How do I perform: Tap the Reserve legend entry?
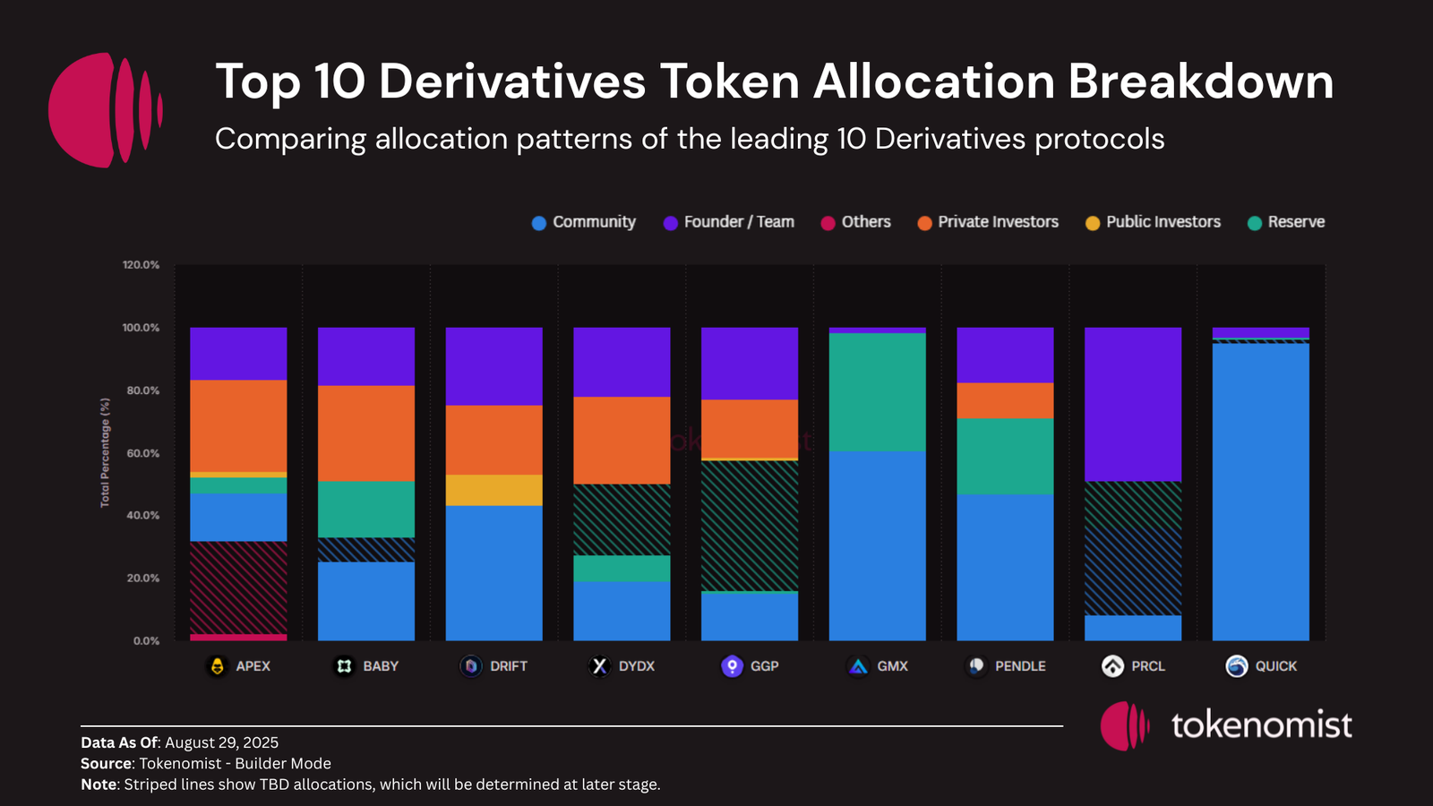click(1286, 222)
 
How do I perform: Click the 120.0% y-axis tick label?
click(142, 265)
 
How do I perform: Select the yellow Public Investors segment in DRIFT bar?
click(493, 490)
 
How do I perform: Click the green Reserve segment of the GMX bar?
click(877, 391)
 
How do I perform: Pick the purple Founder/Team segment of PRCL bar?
click(1132, 404)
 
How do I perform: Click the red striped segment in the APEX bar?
click(238, 587)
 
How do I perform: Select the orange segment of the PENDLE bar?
click(1005, 400)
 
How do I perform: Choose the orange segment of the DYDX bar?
click(622, 440)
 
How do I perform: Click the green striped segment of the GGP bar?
click(749, 526)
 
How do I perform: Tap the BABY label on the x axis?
click(381, 666)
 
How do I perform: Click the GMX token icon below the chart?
click(858, 666)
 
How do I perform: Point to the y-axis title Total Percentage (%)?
click(105, 452)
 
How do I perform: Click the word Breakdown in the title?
click(1200, 81)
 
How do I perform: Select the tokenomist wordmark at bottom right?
click(1261, 725)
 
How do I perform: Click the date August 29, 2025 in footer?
click(221, 742)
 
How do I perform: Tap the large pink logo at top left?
click(105, 109)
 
